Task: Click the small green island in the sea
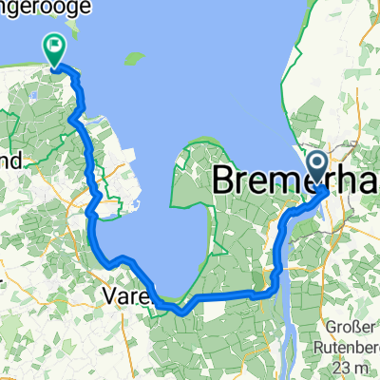[135, 59]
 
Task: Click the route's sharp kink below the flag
[74, 119]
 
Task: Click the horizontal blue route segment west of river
[228, 296]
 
